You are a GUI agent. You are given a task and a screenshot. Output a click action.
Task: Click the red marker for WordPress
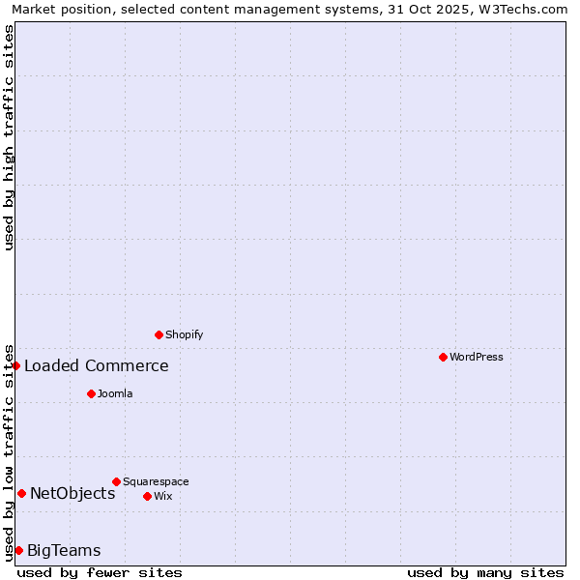coord(443,357)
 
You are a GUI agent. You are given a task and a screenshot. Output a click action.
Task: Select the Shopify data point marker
coord(159,334)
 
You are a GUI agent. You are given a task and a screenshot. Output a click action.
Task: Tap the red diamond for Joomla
coord(91,393)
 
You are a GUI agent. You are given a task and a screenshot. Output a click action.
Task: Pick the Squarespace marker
coord(116,481)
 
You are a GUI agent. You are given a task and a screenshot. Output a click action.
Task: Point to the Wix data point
coord(147,496)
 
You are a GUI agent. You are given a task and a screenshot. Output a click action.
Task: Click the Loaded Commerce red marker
coord(16,365)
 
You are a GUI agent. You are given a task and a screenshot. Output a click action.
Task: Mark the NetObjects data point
coord(21,493)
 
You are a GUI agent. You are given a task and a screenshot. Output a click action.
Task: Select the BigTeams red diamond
coord(18,550)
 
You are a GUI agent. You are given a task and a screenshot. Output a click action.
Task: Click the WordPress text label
coord(477,357)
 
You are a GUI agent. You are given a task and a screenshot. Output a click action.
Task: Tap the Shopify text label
coord(185,334)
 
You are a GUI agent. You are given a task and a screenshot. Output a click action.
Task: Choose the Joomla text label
coord(115,393)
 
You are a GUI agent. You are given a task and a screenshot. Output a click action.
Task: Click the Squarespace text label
coord(156,481)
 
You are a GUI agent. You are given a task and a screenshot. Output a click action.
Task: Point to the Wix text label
coord(163,496)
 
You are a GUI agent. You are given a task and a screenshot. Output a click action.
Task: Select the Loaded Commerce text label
coord(97,365)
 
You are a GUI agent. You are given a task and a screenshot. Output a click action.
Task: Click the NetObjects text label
coord(72,493)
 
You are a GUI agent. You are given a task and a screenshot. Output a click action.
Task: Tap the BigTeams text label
coord(64,551)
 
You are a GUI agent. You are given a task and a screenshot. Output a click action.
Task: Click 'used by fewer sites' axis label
coord(100,572)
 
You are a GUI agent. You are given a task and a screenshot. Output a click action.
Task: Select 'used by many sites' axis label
coord(485,572)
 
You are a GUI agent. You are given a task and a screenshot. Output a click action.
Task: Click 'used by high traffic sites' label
coord(9,136)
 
